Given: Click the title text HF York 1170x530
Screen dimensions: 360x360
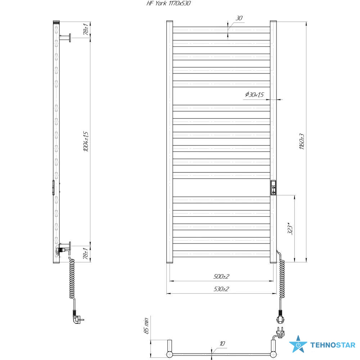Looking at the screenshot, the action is (x=168, y=3).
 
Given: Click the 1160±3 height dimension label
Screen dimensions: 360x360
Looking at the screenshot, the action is (x=302, y=141).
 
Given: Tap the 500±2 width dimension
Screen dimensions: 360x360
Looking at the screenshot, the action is (x=221, y=276).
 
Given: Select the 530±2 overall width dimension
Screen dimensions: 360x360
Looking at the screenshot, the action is (x=221, y=289).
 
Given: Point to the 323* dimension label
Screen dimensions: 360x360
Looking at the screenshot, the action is (x=290, y=228).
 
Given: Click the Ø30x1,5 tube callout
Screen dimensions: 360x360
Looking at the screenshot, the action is (x=255, y=94).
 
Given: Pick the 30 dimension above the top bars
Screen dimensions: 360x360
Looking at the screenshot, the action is (x=239, y=18).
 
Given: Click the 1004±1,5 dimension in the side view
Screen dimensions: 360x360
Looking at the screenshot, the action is (x=86, y=141).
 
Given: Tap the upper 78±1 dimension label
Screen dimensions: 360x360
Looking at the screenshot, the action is (x=86, y=29).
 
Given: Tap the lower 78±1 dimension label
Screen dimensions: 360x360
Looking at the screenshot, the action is (x=86, y=253).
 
